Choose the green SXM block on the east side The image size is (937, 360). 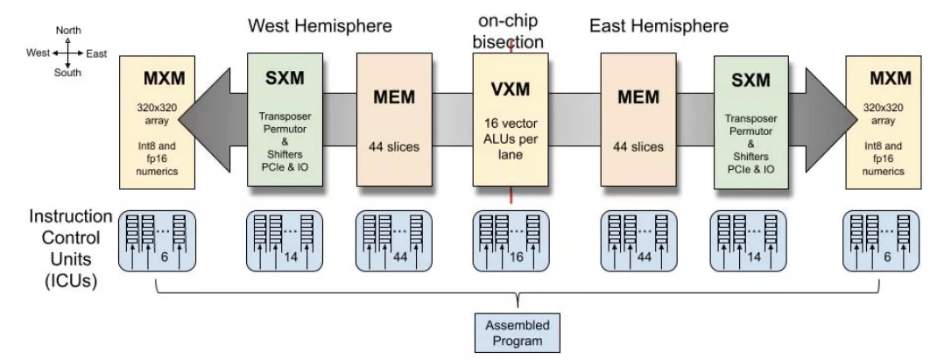pyautogui.click(x=750, y=119)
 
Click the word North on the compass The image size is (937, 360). pyautogui.click(x=68, y=31)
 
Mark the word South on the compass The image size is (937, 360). pyautogui.click(x=67, y=74)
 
